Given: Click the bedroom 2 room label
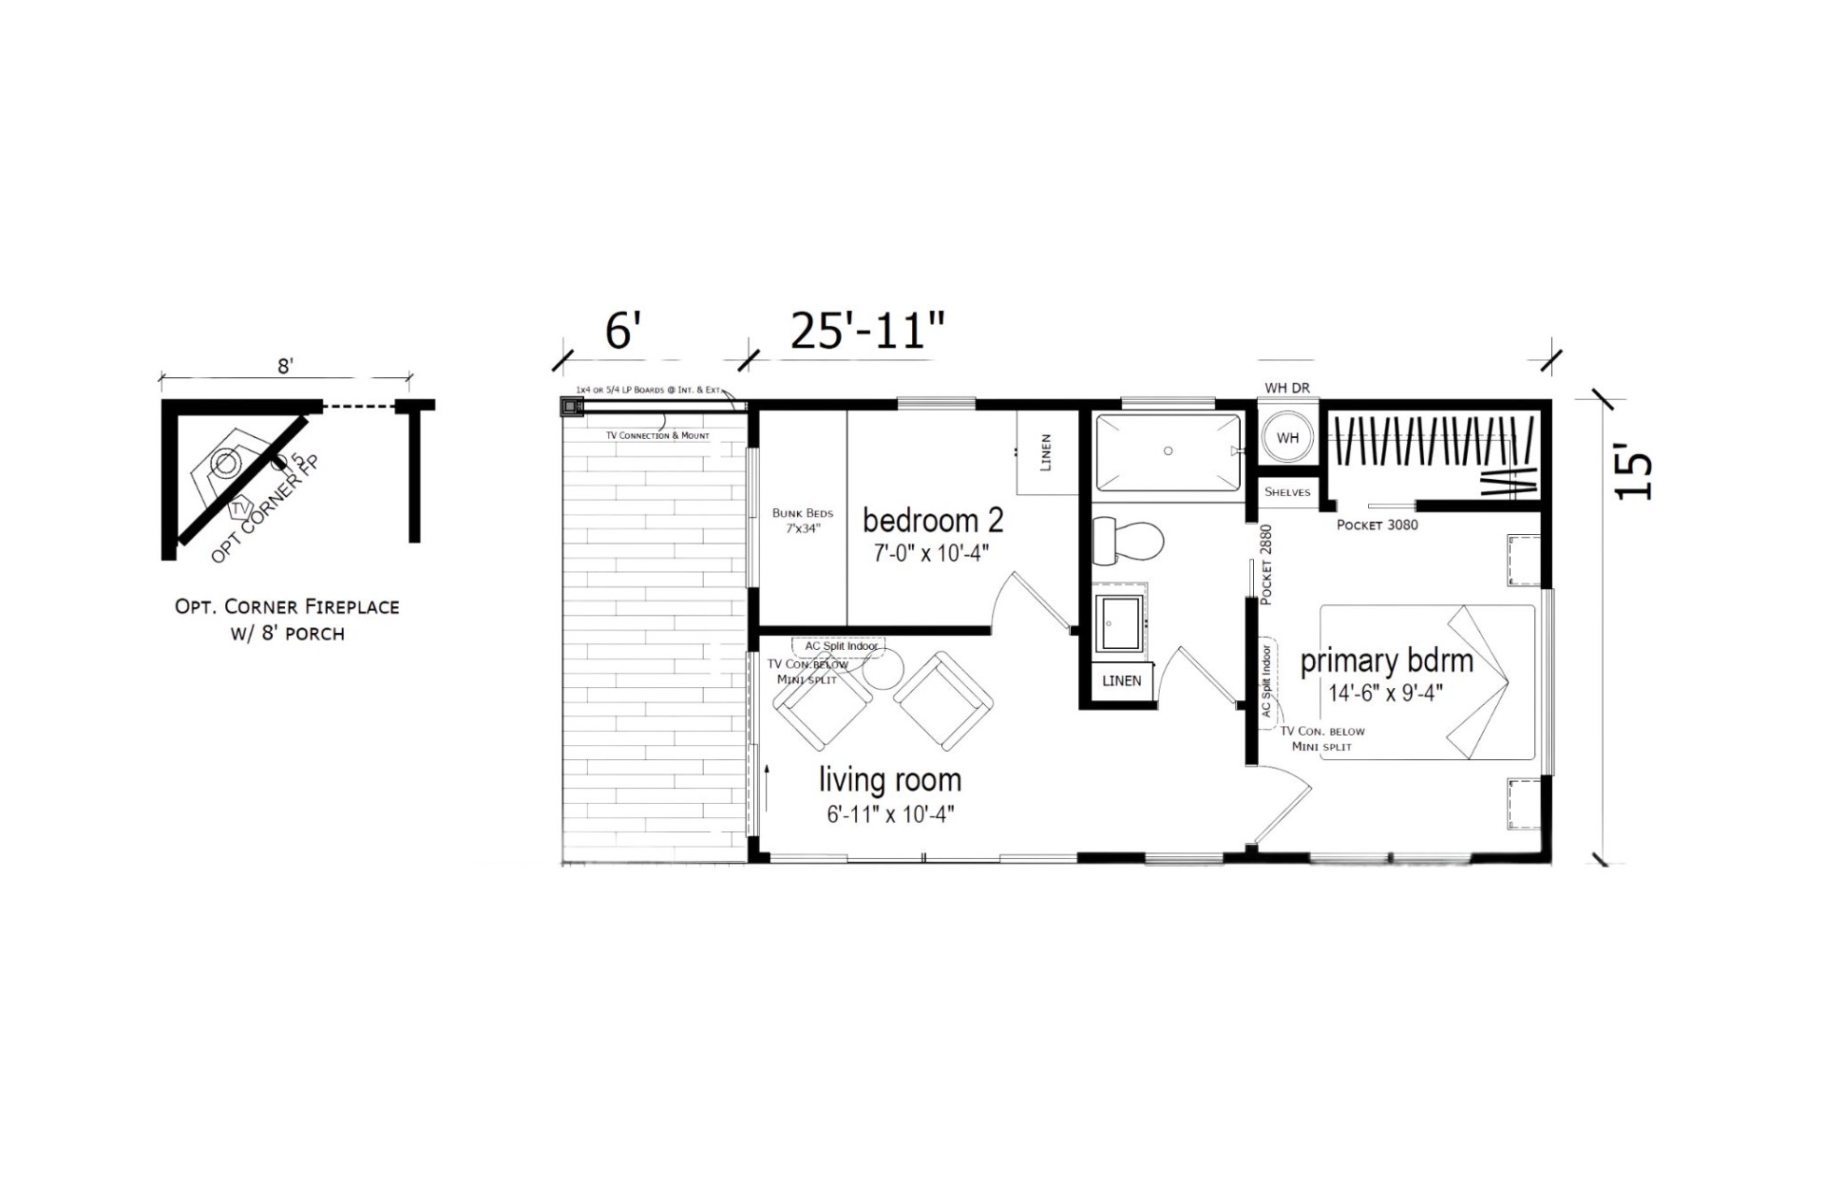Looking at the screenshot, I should tap(932, 521).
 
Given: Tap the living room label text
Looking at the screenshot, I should tap(890, 780).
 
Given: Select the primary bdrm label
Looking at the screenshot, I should tap(1386, 661).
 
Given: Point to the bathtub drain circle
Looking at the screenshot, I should tap(1168, 450).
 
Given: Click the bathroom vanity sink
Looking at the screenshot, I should tap(1120, 623).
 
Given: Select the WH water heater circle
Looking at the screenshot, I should tap(1287, 438).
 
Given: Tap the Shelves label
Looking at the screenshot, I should tap(1287, 492).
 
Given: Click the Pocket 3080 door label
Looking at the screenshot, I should tap(1377, 525).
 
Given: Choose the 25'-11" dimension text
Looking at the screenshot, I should tap(867, 333).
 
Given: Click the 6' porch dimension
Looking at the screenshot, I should tap(623, 333).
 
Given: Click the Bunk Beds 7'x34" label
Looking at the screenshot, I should tap(803, 521).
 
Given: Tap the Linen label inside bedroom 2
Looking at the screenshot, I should tap(1046, 452).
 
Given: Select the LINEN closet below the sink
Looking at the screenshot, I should tap(1121, 680).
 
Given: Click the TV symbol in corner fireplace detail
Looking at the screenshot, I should tap(238, 508).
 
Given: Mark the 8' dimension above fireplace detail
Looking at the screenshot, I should tap(285, 366).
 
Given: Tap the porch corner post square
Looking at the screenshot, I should tap(570, 407).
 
